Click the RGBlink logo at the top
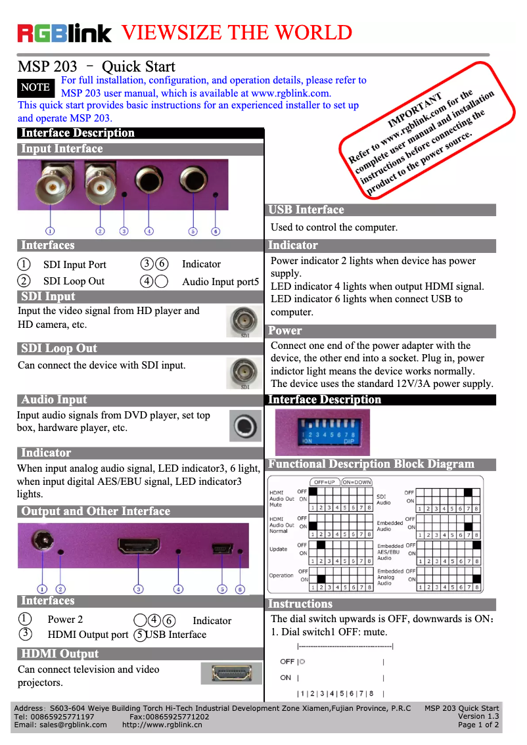[x=64, y=33]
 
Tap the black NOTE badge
[x=35, y=87]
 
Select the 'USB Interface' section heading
[x=306, y=210]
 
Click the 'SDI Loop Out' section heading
[x=59, y=349]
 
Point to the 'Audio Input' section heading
[x=54, y=400]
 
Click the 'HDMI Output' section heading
[x=60, y=654]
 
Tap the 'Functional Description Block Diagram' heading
[x=371, y=464]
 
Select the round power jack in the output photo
[x=43, y=542]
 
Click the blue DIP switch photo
[x=322, y=432]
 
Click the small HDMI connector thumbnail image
[x=227, y=673]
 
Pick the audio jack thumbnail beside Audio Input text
[x=245, y=425]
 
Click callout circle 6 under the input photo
[x=216, y=231]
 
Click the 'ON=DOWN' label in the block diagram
[x=357, y=482]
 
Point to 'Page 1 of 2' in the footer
[x=478, y=725]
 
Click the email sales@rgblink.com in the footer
[x=60, y=725]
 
